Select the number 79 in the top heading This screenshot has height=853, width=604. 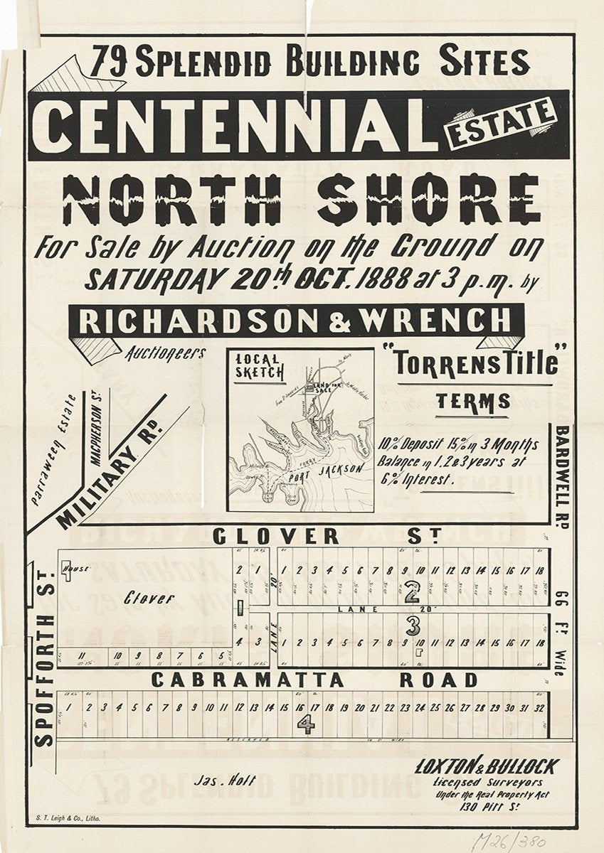108,63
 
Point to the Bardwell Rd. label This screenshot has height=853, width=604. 561,473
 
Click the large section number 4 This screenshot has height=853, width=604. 305,724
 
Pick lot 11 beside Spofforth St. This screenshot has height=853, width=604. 83,655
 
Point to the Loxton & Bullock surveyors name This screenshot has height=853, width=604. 487,766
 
